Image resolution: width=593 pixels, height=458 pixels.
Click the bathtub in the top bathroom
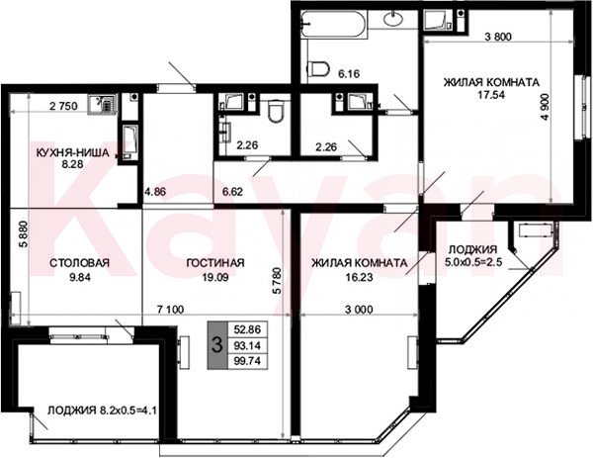point(334,24)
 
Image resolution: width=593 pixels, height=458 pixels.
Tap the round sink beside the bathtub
point(394,19)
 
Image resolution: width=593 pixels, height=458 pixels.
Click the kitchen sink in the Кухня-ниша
point(103,104)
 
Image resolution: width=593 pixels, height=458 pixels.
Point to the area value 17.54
point(491,95)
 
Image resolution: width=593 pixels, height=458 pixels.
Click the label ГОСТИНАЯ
point(215,263)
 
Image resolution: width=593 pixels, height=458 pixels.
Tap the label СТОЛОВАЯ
point(79,263)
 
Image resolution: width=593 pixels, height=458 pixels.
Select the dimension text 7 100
point(170,310)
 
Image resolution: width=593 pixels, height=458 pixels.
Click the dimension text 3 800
point(498,37)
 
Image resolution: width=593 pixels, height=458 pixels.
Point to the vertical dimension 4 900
point(545,107)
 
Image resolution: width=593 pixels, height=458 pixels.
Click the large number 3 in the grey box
point(216,345)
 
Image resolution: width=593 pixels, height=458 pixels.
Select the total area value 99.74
point(247,361)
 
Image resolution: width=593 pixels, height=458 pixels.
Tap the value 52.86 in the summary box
point(247,329)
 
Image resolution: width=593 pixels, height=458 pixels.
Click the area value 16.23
point(360,277)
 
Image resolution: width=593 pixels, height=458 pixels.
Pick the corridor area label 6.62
point(232,192)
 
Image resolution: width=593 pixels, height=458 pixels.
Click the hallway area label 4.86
point(155,192)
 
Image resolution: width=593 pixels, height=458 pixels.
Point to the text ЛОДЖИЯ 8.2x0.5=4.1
point(102,411)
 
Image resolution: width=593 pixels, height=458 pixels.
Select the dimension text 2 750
point(63,106)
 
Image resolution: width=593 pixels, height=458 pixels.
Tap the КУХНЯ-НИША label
point(72,153)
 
